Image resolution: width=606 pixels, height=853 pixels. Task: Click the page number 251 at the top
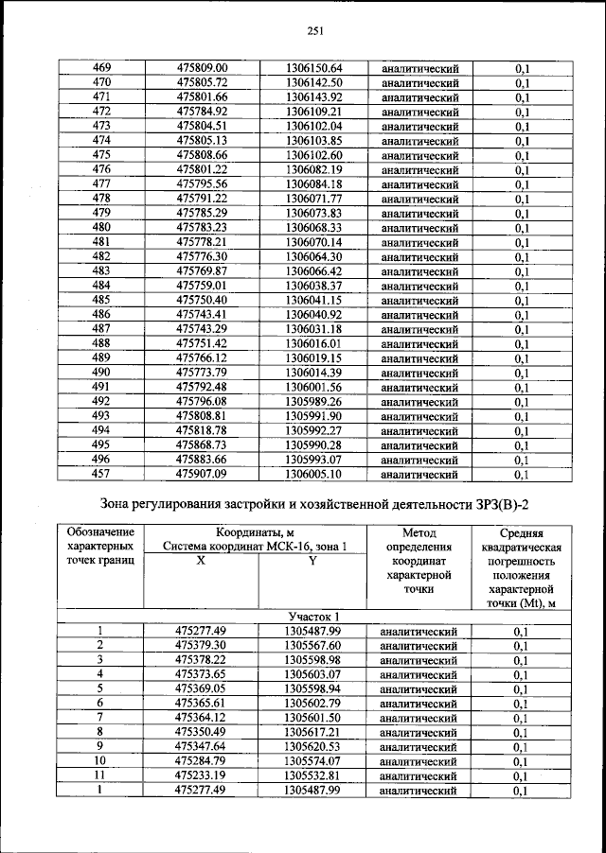coord(315,30)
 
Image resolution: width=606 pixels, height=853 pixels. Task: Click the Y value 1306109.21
coord(312,112)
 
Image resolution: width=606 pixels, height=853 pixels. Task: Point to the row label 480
coord(101,228)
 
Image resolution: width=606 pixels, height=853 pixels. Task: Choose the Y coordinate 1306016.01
coord(312,343)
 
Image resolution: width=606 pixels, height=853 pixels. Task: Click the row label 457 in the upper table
coord(101,474)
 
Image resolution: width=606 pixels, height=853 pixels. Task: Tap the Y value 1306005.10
coord(312,474)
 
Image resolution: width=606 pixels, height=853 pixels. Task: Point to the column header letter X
coord(201,561)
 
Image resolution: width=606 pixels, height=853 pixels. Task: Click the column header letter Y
coord(312,561)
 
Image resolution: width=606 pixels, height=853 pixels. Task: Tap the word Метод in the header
coord(418,533)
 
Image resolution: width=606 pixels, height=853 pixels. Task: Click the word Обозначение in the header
coord(101,533)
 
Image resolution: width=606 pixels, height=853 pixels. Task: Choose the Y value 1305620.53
coord(312,747)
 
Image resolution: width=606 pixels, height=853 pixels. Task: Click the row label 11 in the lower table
coord(99,775)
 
